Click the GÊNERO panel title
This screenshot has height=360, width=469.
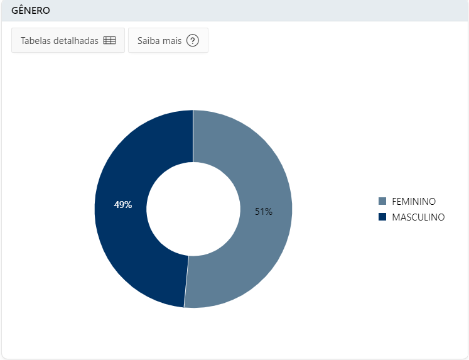point(31,10)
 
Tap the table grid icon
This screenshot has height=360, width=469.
point(109,40)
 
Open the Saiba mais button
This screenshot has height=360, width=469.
point(168,40)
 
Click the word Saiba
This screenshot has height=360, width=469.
point(147,40)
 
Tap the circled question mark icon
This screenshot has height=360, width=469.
point(193,40)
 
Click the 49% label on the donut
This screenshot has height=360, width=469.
point(123,205)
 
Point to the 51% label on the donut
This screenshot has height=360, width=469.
point(264,212)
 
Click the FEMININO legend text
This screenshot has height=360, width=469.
point(414,202)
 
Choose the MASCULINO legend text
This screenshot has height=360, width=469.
point(418,217)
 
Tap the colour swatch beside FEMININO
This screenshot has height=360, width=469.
point(382,201)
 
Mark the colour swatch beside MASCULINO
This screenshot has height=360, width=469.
point(382,217)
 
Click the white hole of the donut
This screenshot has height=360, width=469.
point(193,209)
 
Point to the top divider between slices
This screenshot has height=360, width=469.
point(193,136)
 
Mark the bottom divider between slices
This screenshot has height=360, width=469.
point(186,281)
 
